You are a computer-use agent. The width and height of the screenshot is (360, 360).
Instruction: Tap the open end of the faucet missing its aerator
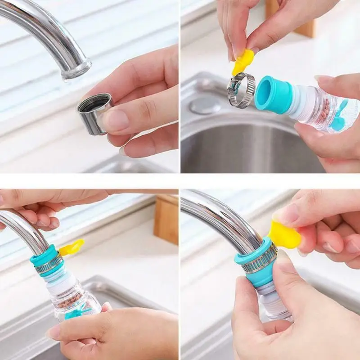(x=76, y=71)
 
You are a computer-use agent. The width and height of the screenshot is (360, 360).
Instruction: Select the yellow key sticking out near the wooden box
(x=72, y=247)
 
